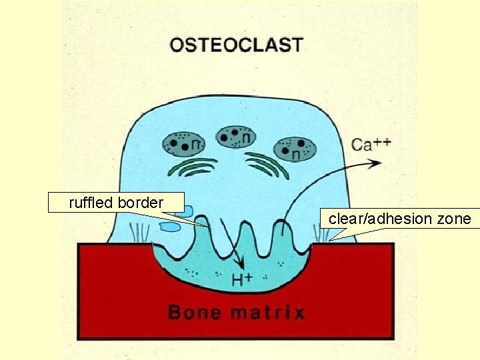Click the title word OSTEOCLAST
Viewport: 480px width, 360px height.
237,45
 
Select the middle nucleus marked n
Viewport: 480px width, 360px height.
239,137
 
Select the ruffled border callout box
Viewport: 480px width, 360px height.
116,203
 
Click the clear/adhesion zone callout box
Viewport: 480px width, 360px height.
399,219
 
